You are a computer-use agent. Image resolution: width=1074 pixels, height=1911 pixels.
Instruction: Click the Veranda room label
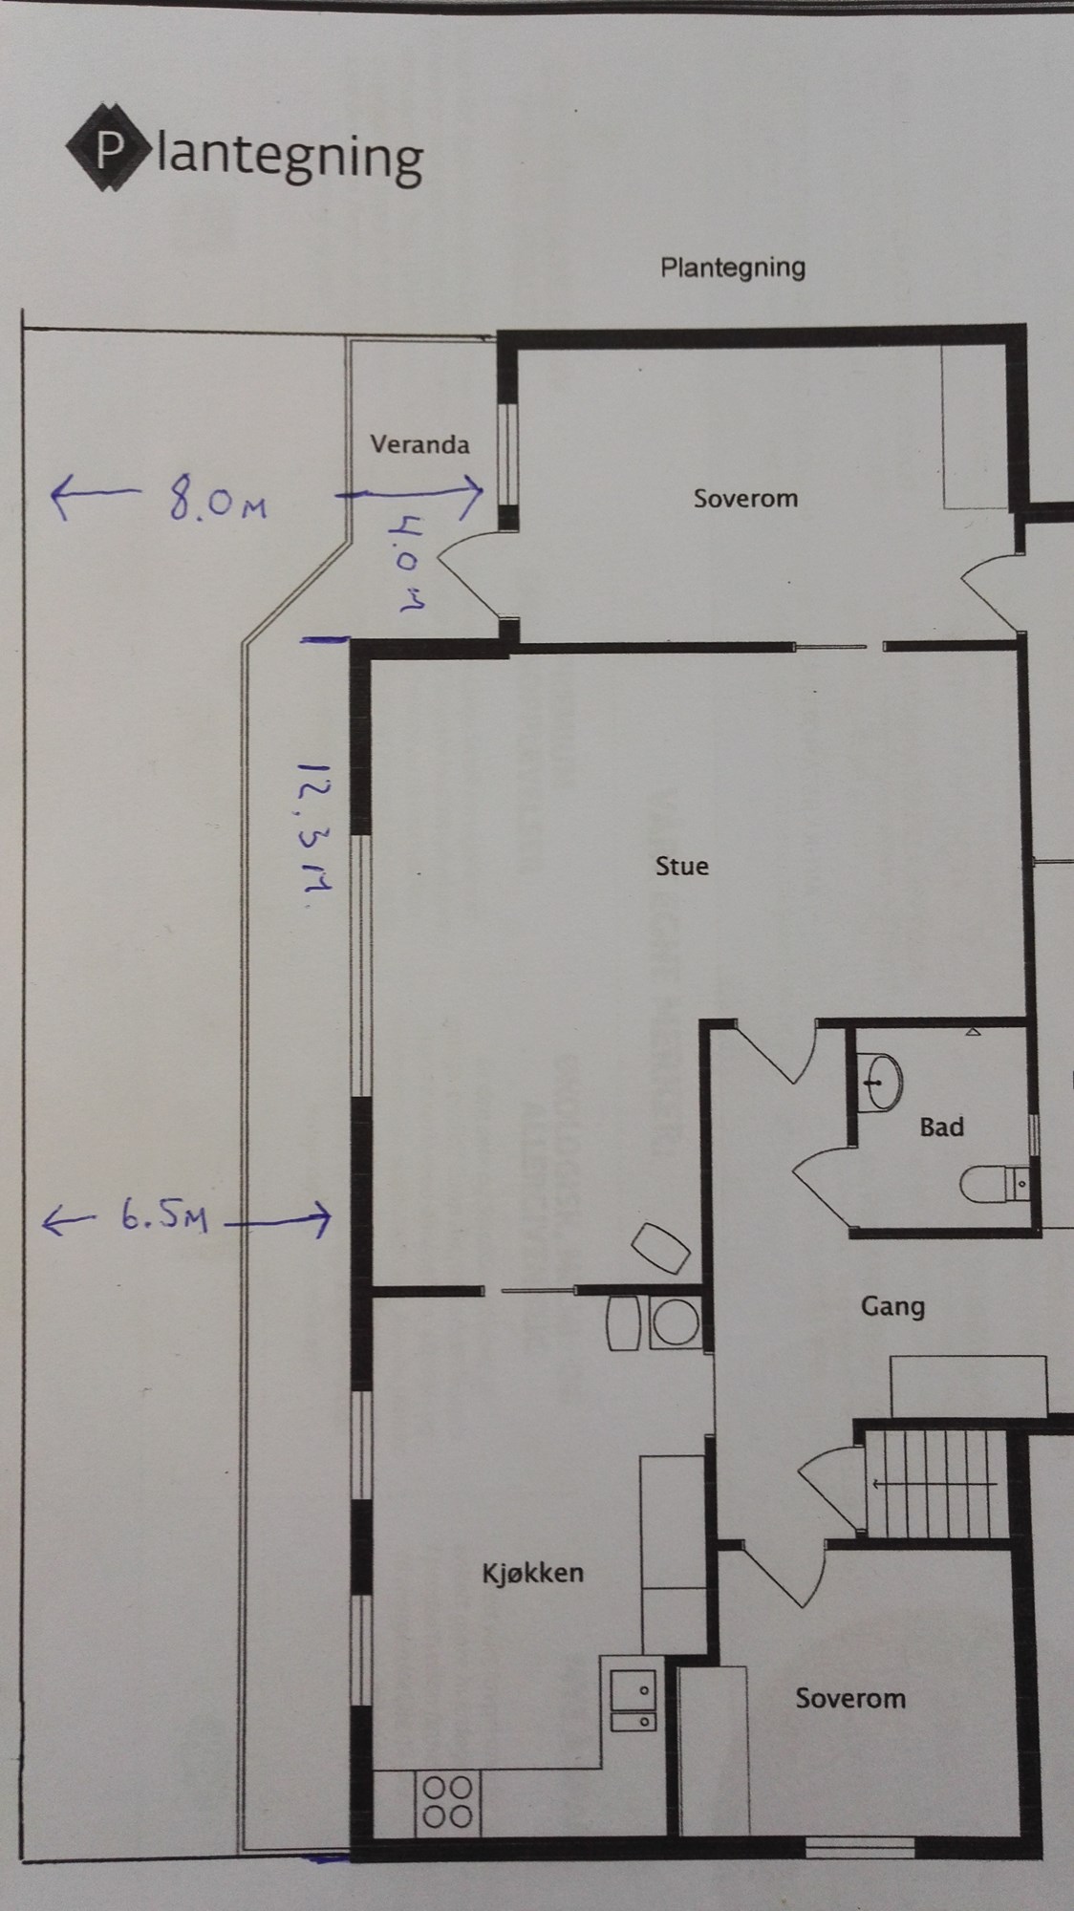419,444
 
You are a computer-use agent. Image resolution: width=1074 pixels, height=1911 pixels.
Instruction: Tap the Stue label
682,866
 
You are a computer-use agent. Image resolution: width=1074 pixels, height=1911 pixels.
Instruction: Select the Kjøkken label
533,1574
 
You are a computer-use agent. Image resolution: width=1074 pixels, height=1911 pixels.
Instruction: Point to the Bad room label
941,1127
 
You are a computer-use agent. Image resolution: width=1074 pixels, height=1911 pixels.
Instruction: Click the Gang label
892,1306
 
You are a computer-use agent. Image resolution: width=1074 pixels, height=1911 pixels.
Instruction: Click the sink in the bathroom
879,1083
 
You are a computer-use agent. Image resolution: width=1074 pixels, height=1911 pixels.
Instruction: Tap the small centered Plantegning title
733,268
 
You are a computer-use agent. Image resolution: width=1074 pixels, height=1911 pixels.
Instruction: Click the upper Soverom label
745,498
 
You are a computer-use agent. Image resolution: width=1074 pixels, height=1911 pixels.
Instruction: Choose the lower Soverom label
850,1698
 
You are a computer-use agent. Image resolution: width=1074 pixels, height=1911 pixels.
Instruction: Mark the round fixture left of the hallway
676,1322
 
